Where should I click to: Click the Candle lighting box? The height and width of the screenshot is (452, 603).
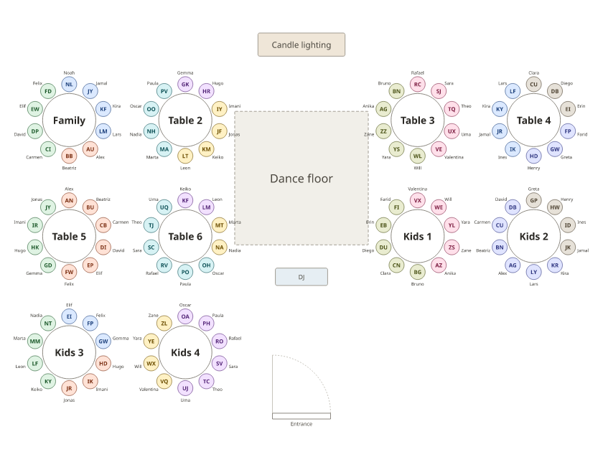pyautogui.click(x=301, y=44)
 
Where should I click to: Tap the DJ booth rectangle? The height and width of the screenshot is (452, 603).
pyautogui.click(x=301, y=277)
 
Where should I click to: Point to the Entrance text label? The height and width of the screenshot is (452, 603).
pyautogui.click(x=301, y=424)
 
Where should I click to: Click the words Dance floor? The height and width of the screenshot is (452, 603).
pyautogui.click(x=301, y=179)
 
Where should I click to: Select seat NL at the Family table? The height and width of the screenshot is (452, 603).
pyautogui.click(x=69, y=85)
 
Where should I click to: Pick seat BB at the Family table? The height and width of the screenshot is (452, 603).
pyautogui.click(x=69, y=156)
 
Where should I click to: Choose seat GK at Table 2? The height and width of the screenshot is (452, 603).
pyautogui.click(x=185, y=85)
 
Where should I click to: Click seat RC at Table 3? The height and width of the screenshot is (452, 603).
pyautogui.click(x=418, y=85)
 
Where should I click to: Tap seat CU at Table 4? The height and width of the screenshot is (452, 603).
pyautogui.click(x=534, y=85)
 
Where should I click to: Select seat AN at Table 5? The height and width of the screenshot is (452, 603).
pyautogui.click(x=69, y=201)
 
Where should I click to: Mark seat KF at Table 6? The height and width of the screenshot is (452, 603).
pyautogui.click(x=185, y=201)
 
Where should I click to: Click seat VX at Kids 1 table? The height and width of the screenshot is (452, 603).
pyautogui.click(x=418, y=201)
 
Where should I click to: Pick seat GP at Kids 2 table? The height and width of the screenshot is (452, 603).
pyautogui.click(x=534, y=201)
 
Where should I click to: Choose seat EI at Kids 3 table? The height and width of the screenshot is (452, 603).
pyautogui.click(x=69, y=316)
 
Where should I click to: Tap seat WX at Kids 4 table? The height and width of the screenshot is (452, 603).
pyautogui.click(x=151, y=364)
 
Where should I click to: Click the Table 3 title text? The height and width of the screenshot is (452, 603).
pyautogui.click(x=418, y=121)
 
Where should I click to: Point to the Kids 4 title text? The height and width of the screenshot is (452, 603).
pyautogui.click(x=185, y=352)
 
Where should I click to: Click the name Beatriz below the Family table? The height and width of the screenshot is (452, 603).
pyautogui.click(x=69, y=168)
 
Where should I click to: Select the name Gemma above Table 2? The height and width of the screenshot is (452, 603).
pyautogui.click(x=185, y=72)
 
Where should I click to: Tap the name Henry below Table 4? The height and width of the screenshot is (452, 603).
pyautogui.click(x=534, y=168)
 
